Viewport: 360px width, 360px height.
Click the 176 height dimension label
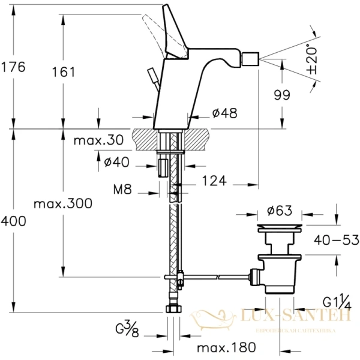pos(13,67)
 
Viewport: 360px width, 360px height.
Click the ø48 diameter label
pos(224,112)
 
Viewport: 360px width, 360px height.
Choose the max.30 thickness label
pos(98,140)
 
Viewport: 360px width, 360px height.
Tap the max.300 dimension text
pos(63,203)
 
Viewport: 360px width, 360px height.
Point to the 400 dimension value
pos(13,221)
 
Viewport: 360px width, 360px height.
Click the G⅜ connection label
pos(130,329)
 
